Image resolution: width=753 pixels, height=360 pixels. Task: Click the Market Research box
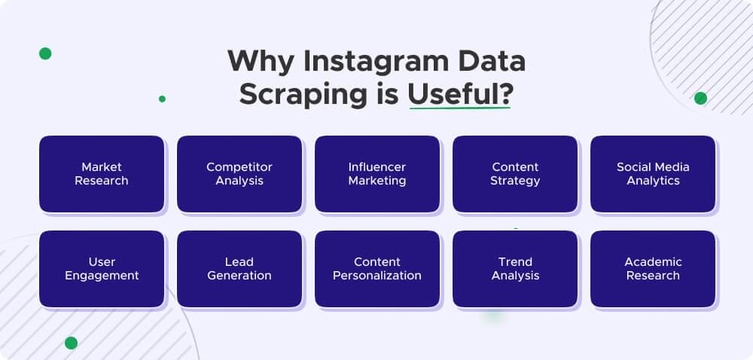tap(102, 174)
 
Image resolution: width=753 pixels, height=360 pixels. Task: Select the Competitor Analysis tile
tap(239, 174)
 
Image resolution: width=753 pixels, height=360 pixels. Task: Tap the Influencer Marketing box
tap(377, 174)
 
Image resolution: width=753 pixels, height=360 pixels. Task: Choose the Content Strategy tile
tap(515, 174)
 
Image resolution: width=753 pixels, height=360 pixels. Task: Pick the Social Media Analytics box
tap(653, 174)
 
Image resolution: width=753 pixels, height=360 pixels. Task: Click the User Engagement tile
tap(102, 269)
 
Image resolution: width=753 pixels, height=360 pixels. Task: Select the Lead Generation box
tap(239, 269)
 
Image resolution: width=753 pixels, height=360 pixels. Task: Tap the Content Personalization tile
tap(377, 269)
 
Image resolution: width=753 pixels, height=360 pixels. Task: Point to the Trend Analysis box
tap(515, 269)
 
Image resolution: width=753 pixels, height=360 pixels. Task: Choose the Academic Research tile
tap(653, 269)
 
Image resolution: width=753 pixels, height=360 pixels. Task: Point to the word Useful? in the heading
tap(459, 96)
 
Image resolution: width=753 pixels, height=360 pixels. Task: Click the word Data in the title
tap(489, 62)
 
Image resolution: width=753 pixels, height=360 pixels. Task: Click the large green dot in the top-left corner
tap(45, 53)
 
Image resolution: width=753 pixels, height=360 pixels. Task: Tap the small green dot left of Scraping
tap(162, 99)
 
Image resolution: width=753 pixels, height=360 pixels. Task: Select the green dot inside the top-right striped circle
tap(700, 98)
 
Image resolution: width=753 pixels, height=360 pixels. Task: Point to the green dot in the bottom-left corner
tap(71, 343)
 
